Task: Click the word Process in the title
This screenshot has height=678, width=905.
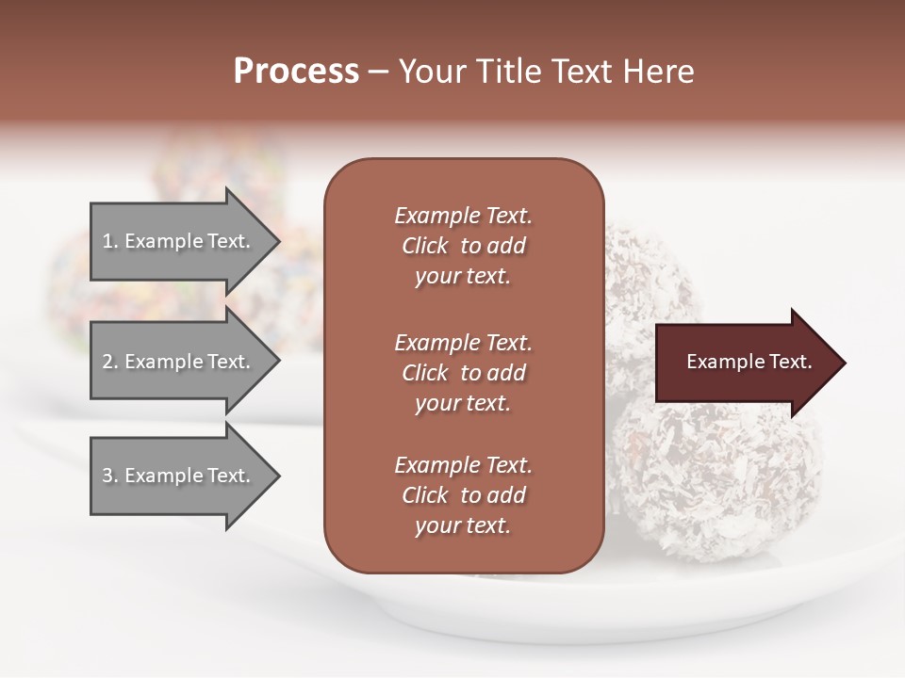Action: click(296, 72)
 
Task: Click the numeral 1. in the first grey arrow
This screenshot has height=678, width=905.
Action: click(110, 241)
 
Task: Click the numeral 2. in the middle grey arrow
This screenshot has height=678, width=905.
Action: click(110, 362)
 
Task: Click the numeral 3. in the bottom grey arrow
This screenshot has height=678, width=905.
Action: click(110, 476)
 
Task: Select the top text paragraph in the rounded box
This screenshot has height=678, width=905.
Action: click(463, 246)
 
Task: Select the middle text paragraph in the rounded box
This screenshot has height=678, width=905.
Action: click(463, 372)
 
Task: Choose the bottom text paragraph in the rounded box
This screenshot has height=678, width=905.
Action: click(463, 495)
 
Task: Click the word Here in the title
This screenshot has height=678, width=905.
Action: click(660, 72)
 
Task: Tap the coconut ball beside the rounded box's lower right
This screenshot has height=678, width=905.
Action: click(716, 480)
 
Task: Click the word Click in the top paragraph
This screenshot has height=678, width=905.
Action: click(424, 246)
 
